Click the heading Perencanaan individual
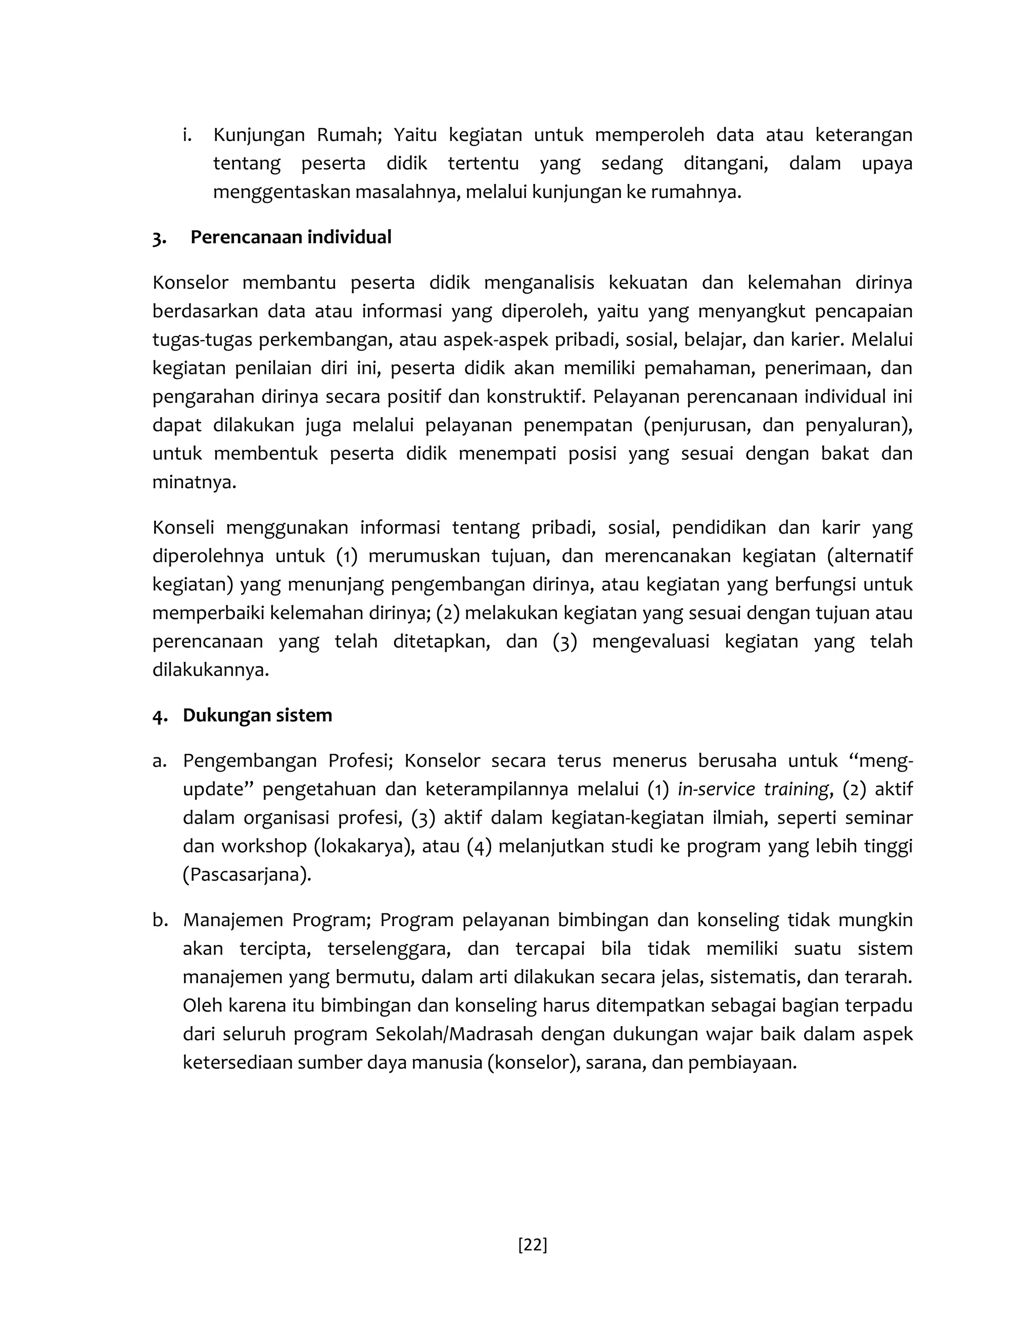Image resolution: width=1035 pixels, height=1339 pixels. pos(291,237)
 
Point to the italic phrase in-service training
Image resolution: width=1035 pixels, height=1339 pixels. pos(753,789)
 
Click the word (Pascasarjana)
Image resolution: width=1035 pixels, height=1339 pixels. pos(247,874)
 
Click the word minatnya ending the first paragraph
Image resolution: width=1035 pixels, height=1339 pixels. pos(193,482)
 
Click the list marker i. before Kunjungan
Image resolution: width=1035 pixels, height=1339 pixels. pos(187,135)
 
